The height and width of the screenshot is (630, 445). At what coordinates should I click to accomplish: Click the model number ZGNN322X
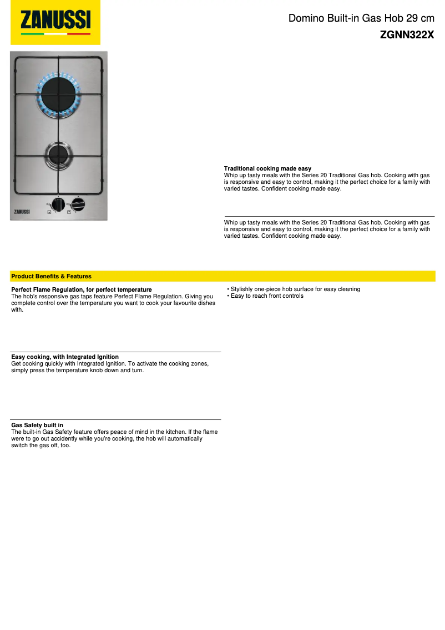[x=407, y=34]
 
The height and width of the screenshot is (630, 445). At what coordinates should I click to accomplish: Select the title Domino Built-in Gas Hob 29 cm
[x=361, y=18]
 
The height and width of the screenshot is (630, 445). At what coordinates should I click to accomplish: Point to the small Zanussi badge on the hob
[x=22, y=211]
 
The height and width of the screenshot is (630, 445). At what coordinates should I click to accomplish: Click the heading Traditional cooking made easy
[x=267, y=168]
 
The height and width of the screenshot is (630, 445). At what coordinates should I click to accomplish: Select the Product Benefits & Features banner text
[x=51, y=276]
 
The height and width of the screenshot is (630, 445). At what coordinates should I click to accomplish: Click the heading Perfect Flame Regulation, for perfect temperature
[x=81, y=289]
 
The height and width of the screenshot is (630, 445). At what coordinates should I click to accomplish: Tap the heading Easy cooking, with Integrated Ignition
[x=65, y=357]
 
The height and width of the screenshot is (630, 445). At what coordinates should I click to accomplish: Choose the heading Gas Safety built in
[x=37, y=425]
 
